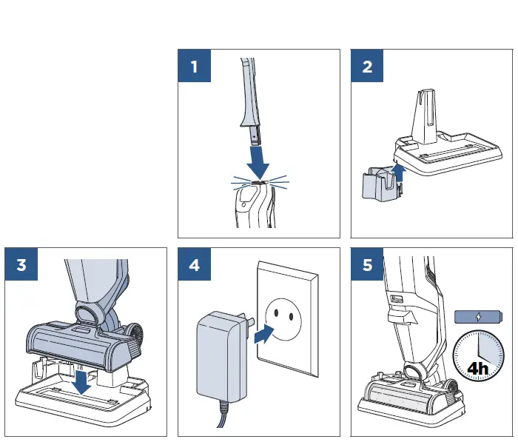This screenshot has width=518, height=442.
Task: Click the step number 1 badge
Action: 195,67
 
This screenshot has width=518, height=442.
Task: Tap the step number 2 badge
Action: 367,67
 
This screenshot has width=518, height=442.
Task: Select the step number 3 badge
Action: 21,265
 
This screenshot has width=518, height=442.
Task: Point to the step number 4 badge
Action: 195,265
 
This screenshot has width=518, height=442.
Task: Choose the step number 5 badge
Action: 367,265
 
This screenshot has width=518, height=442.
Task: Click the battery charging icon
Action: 478,316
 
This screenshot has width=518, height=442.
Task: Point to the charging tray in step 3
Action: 81,404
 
